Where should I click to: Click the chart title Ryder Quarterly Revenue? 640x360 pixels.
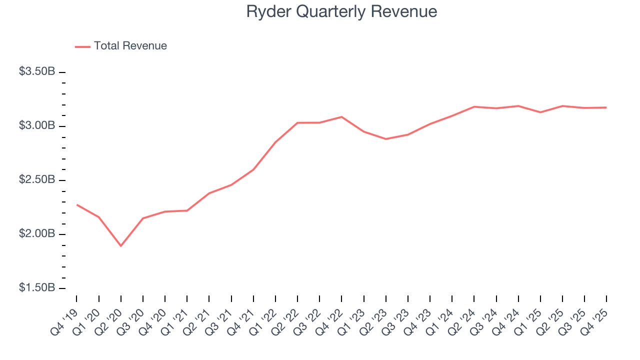point(341,11)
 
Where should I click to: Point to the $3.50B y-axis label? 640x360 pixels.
point(37,71)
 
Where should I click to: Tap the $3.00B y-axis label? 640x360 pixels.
point(37,125)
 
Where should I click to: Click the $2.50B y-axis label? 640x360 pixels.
point(37,179)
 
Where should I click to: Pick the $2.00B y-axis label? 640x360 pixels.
point(37,234)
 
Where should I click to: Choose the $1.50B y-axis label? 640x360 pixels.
point(37,288)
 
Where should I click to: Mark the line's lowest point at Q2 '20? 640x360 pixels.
point(120,245)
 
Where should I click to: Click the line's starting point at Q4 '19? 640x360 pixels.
point(76,204)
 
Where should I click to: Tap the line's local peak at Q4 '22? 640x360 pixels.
point(341,117)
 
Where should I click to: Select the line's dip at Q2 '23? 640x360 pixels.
point(386,139)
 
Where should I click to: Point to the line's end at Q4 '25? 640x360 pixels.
point(606,107)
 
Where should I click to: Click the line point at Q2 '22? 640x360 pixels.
point(297,122)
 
